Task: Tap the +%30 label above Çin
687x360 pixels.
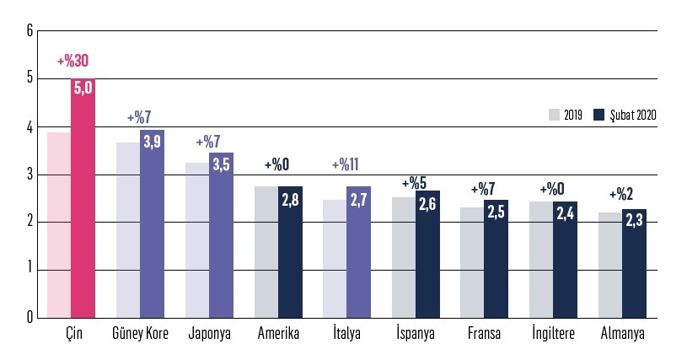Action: click(x=73, y=62)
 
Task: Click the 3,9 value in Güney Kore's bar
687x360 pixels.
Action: click(x=153, y=142)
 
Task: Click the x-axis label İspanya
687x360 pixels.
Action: click(x=416, y=333)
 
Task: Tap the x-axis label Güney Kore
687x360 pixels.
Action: click(x=140, y=333)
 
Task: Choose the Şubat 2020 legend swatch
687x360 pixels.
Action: click(x=600, y=115)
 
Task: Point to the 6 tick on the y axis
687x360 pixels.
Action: click(x=30, y=31)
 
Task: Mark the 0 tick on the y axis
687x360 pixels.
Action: click(x=30, y=318)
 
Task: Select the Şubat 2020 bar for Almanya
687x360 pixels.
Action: click(x=635, y=270)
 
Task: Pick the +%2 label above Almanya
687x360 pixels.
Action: click(x=622, y=194)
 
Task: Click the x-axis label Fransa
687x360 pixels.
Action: click(x=485, y=333)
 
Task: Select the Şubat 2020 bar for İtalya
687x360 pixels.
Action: click(x=359, y=261)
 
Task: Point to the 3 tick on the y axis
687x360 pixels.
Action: click(x=30, y=175)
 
